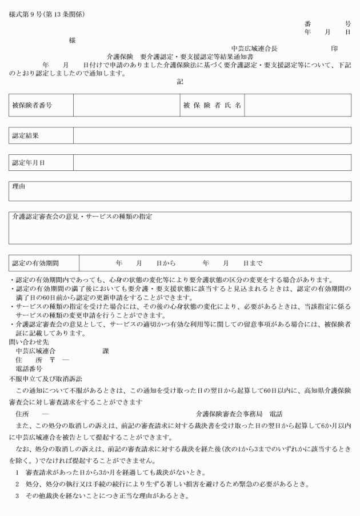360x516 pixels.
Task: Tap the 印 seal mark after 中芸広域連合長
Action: coord(334,49)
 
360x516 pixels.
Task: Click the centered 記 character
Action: coord(180,82)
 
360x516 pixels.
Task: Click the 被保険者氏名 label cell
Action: coord(213,106)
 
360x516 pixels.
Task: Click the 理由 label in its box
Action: coord(19,187)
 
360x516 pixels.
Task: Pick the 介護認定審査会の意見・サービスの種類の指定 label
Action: coord(82,217)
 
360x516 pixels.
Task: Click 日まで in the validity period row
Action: coord(253,263)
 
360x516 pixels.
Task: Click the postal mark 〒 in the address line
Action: coord(51,360)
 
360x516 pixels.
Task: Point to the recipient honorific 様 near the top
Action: coord(71,41)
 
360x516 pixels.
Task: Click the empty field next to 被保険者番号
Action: coord(125,106)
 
